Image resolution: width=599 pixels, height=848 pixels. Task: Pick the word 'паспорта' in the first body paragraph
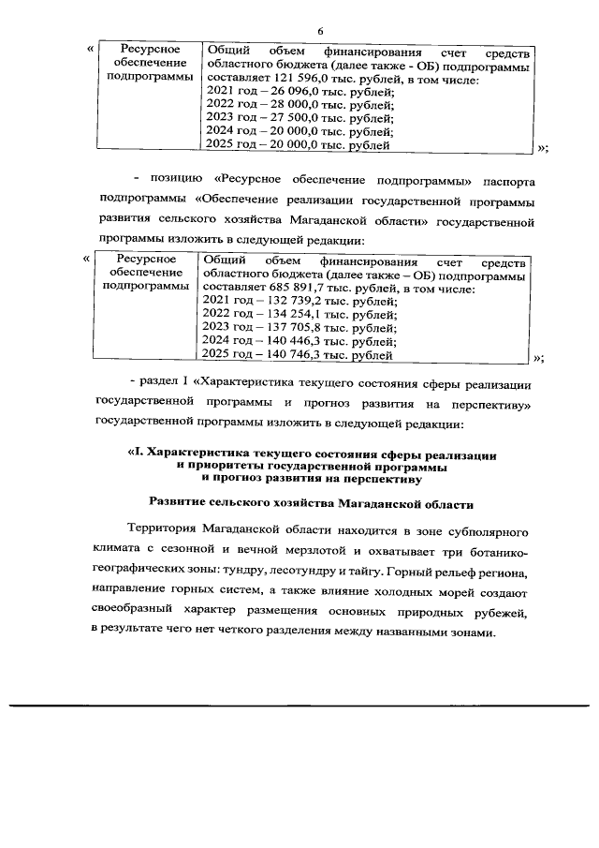pyautogui.click(x=506, y=180)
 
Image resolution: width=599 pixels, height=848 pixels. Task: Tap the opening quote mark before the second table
pyautogui.click(x=86, y=259)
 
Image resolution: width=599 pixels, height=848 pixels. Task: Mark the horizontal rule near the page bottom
pyautogui.click(x=299, y=705)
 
